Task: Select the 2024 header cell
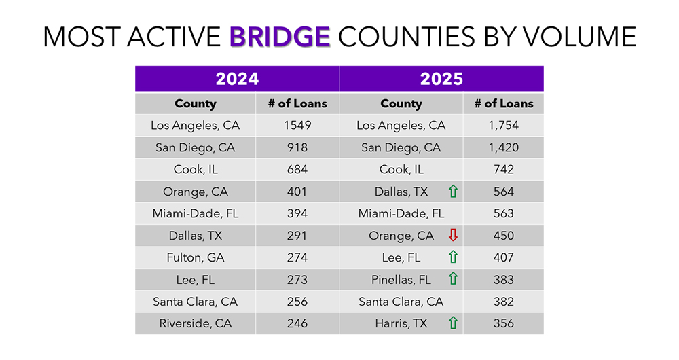pos(237,79)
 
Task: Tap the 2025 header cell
pos(441,79)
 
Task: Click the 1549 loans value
pos(297,126)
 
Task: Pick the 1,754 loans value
pos(504,126)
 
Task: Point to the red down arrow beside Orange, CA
pos(453,236)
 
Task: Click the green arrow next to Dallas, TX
pos(453,192)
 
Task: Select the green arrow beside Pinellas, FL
pos(453,279)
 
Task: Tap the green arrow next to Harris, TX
pos(453,323)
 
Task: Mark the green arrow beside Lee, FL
pos(453,257)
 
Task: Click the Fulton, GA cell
pos(195,257)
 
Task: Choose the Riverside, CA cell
pos(195,323)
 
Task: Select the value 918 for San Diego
pos(297,147)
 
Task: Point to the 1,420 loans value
pos(504,147)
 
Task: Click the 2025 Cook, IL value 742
pos(504,170)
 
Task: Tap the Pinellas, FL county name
pos(401,279)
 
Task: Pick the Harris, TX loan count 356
pos(504,323)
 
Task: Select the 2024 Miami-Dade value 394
pos(297,213)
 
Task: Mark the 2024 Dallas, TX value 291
pos(297,236)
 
